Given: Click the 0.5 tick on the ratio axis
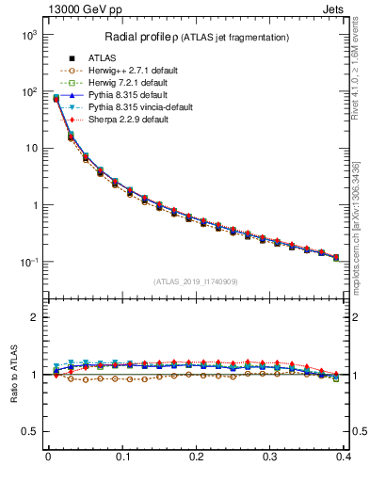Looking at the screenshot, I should (x=31, y=431).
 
